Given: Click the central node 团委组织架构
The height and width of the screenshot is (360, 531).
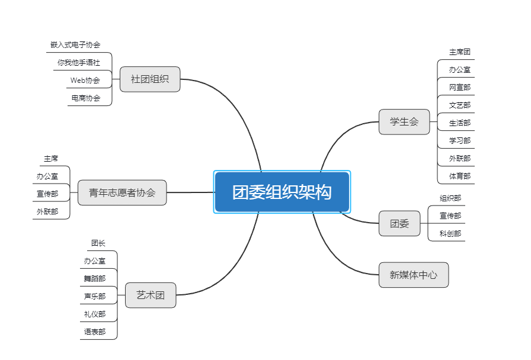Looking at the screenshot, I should point(282,192).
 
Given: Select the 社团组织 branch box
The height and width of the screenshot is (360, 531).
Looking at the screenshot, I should point(150,79).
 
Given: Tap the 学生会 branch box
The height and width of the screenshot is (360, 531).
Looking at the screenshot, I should point(404,122).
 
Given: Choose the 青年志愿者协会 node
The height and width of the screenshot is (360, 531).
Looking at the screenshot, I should point(122,192).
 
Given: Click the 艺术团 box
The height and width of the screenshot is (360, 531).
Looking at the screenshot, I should point(151,295).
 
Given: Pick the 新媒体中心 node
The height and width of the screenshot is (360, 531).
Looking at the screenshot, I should point(414,275).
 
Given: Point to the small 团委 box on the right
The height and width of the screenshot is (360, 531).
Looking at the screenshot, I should point(399,224).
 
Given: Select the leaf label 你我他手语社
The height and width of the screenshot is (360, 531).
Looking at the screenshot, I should point(79,62).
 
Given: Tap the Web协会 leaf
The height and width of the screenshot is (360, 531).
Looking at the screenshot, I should point(85,80).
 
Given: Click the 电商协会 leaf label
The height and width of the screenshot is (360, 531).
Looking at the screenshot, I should point(86,98).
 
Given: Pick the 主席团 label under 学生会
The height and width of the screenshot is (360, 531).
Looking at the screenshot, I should point(460,52).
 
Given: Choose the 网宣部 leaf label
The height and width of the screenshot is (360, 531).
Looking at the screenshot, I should point(460,88).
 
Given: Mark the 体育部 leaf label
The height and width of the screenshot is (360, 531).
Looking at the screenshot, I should point(460,176).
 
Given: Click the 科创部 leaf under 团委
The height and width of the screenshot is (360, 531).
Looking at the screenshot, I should point(450,234).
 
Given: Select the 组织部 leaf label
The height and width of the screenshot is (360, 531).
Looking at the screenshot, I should point(450,198).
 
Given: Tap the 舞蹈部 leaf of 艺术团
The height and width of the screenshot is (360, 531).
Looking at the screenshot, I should point(95,278).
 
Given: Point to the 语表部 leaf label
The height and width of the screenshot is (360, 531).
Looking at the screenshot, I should point(95,332).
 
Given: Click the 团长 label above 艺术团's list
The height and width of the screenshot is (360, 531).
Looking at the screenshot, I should point(98,243).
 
